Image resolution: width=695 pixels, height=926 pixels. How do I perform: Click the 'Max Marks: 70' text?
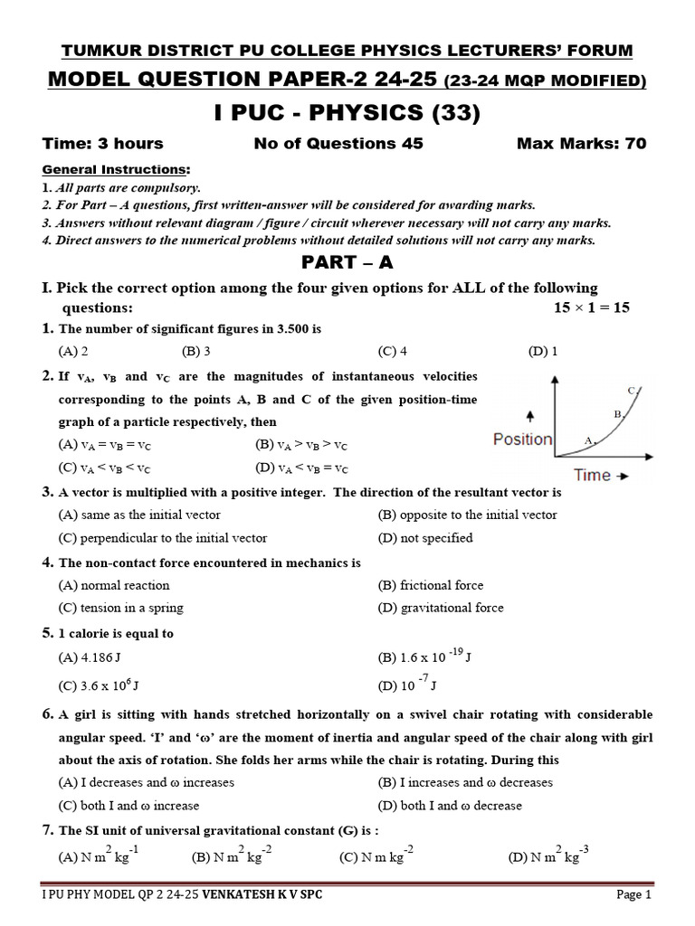tap(581, 144)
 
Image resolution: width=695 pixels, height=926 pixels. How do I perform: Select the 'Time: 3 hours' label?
tap(103, 144)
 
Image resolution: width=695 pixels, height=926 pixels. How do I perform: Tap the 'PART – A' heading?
tap(347, 263)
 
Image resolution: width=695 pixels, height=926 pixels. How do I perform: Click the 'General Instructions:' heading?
tap(117, 170)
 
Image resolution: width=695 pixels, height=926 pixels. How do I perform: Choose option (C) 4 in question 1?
tap(393, 352)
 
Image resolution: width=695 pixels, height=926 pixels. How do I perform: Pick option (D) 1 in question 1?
tap(543, 352)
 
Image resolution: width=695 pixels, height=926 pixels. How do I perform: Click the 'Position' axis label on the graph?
tap(522, 439)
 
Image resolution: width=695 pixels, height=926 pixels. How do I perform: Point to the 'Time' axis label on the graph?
tap(593, 475)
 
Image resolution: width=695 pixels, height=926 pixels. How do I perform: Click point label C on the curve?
tap(631, 391)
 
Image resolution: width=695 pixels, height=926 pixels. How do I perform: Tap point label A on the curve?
tap(588, 440)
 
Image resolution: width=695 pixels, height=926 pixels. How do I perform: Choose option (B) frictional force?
tap(430, 585)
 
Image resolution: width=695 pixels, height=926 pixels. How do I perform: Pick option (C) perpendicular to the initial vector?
tap(162, 538)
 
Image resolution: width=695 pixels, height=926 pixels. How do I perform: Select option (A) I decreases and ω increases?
tap(146, 782)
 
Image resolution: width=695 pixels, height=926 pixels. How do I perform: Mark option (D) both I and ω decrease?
tap(450, 806)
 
